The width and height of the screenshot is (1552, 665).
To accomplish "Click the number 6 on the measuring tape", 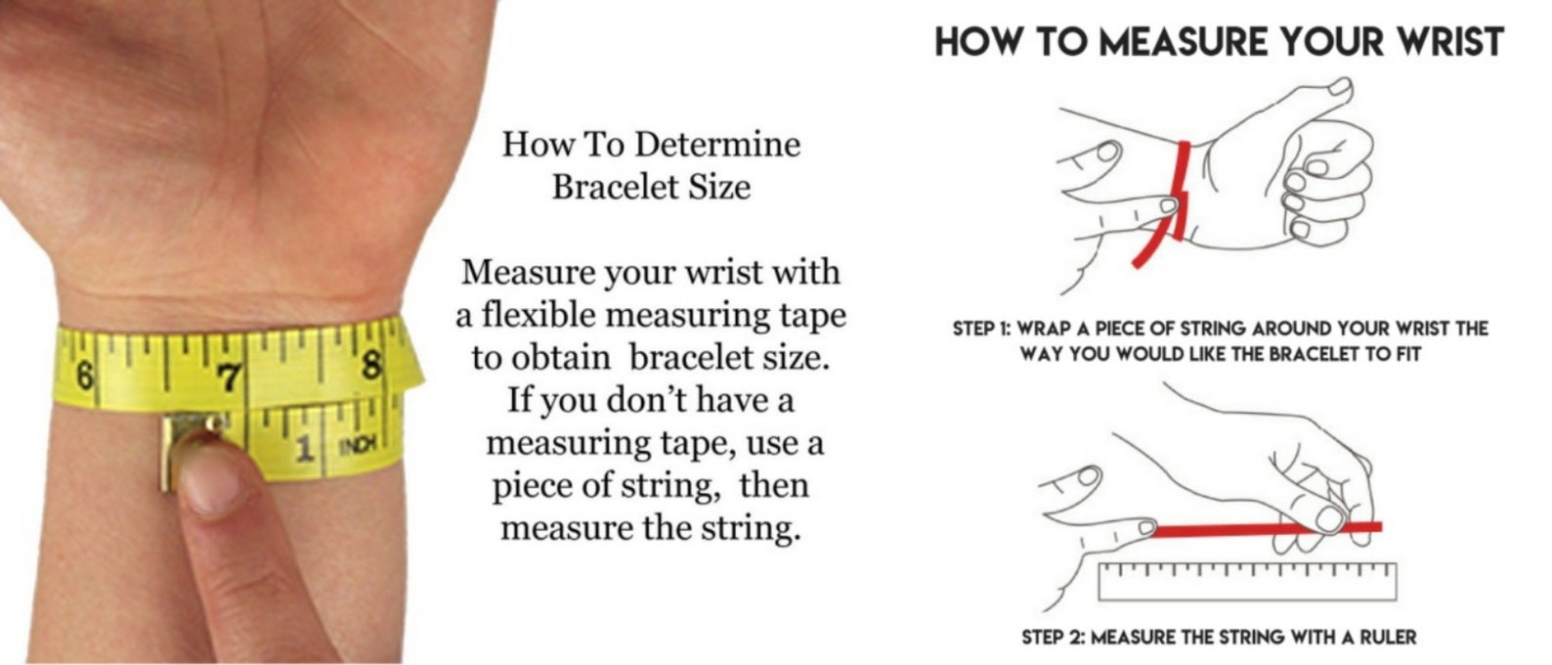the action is (x=84, y=376).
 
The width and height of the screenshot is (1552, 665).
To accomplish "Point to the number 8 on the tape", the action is (x=372, y=365).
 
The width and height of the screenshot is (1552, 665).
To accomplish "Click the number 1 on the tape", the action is (x=304, y=449).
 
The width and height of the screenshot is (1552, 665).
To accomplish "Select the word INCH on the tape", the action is (x=358, y=444).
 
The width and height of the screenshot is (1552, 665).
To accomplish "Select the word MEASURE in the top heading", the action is (x=1184, y=41).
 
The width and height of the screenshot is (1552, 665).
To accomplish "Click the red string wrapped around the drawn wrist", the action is (x=1171, y=204).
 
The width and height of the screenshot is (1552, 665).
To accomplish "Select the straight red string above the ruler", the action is (x=1266, y=529).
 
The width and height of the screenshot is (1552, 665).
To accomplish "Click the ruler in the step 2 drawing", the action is (x=1247, y=581).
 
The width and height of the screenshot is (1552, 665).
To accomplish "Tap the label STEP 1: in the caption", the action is (x=981, y=328).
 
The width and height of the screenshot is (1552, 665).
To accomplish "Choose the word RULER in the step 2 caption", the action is (x=1389, y=637).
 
